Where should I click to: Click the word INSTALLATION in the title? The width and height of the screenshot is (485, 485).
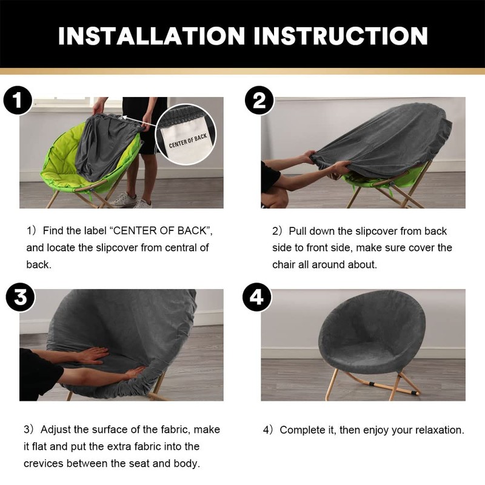coord(151,36)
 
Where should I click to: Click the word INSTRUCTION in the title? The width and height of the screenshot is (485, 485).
coord(341,36)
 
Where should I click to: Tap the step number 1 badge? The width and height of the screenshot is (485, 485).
coord(18,100)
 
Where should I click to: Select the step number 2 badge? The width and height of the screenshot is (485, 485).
coord(259,100)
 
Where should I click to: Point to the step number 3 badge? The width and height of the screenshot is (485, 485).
coord(21,297)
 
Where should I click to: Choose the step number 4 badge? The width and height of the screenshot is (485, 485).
coord(256,297)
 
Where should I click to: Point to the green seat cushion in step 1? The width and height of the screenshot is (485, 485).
coord(62,161)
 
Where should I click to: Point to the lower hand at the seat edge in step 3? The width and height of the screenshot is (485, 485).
coord(133,373)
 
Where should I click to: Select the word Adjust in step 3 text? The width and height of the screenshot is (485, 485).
coord(56,430)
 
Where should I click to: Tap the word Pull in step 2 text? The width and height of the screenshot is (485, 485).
coord(298,231)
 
